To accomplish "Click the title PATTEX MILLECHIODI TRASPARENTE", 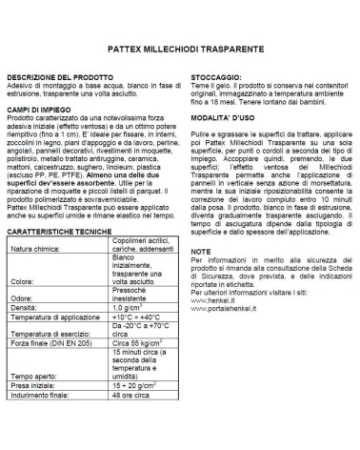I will pos(180,46).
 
